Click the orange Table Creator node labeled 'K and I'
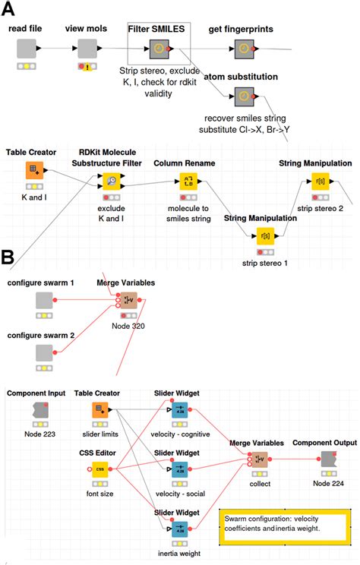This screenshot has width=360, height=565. (33, 170)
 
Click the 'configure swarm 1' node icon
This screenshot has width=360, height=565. (44, 301)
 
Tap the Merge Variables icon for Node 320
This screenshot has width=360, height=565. (128, 301)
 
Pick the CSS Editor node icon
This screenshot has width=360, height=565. (100, 469)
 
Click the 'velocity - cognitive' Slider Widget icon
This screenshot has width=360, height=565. (181, 411)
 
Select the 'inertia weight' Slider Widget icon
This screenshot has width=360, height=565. (181, 529)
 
